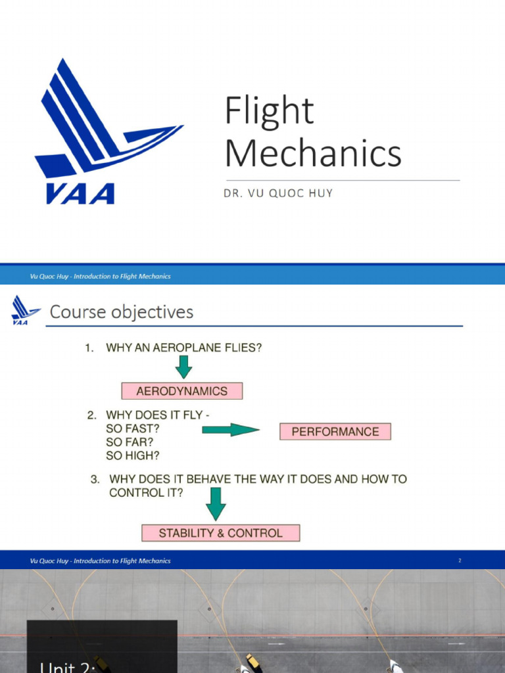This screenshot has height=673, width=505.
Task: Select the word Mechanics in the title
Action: click(313, 153)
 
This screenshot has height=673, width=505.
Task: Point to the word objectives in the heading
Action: click(153, 312)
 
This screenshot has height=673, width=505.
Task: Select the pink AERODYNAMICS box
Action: click(182, 391)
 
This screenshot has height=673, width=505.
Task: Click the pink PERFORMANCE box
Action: click(335, 432)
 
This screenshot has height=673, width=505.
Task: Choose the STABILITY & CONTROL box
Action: click(221, 533)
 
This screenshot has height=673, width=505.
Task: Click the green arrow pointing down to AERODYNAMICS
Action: click(183, 367)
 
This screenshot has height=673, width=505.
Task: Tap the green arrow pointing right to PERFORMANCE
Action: click(230, 430)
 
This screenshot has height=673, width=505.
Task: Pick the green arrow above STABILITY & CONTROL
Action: click(216, 504)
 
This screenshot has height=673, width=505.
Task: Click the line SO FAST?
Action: click(133, 429)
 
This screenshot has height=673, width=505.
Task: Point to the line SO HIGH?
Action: click(132, 455)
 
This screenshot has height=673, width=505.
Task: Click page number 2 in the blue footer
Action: click(460, 561)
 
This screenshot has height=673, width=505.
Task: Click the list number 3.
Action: click(95, 479)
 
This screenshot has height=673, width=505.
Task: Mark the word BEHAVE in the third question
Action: click(204, 479)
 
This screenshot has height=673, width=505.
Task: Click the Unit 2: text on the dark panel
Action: click(68, 666)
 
